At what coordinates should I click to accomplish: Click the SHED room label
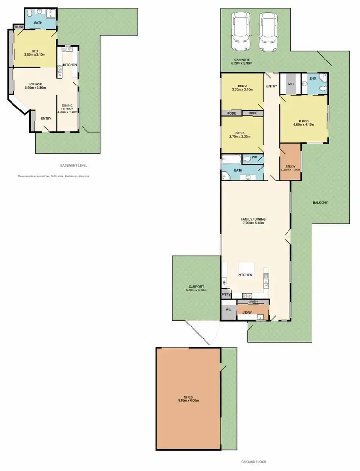pyautogui.click(x=188, y=396)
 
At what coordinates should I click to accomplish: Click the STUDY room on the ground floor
pyautogui.click(x=290, y=166)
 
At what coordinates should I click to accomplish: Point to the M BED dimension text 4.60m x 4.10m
pyautogui.click(x=303, y=124)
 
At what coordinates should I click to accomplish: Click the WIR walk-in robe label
pyautogui.click(x=290, y=84)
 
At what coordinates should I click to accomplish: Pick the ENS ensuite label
pyautogui.click(x=312, y=78)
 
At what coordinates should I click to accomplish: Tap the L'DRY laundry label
pyautogui.click(x=248, y=313)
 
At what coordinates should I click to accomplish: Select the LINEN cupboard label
pyautogui.click(x=253, y=302)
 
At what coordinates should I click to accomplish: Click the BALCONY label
pyautogui.click(x=320, y=202)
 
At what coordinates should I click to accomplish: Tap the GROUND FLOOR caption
pyautogui.click(x=254, y=461)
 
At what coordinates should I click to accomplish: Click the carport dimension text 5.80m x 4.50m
pyautogui.click(x=196, y=290)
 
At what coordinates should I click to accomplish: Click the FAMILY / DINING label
pyautogui.click(x=253, y=219)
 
